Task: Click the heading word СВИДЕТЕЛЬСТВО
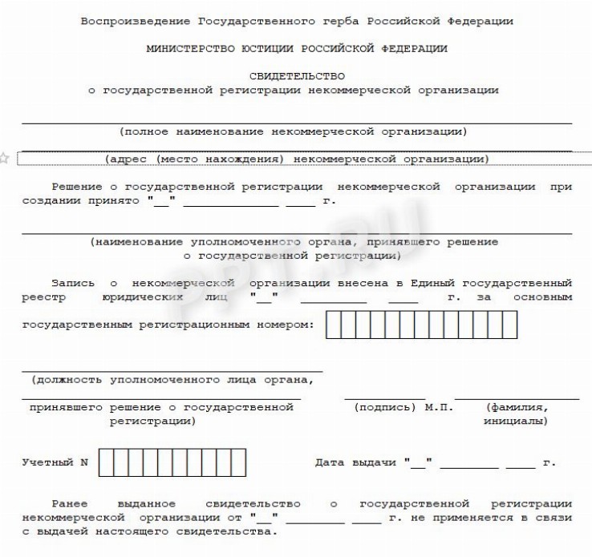tap(298, 76)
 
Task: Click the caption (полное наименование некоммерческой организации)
tap(293, 131)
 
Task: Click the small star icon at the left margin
tap(4, 158)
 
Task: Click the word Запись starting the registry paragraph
tap(72, 283)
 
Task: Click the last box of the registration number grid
tap(509, 325)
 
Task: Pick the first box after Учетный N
tap(107, 463)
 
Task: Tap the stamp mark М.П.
tap(438, 407)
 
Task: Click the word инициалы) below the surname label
tap(516, 420)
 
